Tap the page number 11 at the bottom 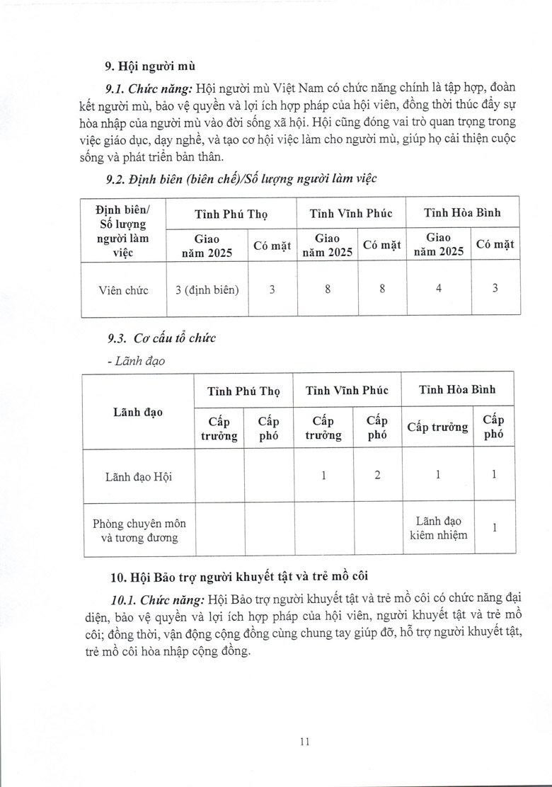pos(305,741)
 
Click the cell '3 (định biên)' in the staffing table pos(207,289)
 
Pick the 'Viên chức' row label pos(124,289)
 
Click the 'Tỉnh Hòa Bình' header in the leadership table pos(457,389)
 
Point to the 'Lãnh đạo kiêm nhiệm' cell pos(438,527)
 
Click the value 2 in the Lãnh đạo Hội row pos(377,476)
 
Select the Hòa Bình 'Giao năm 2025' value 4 pos(438,289)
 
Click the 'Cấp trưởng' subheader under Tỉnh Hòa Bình pos(438,427)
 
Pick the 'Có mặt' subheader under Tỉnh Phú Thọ pos(272,246)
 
